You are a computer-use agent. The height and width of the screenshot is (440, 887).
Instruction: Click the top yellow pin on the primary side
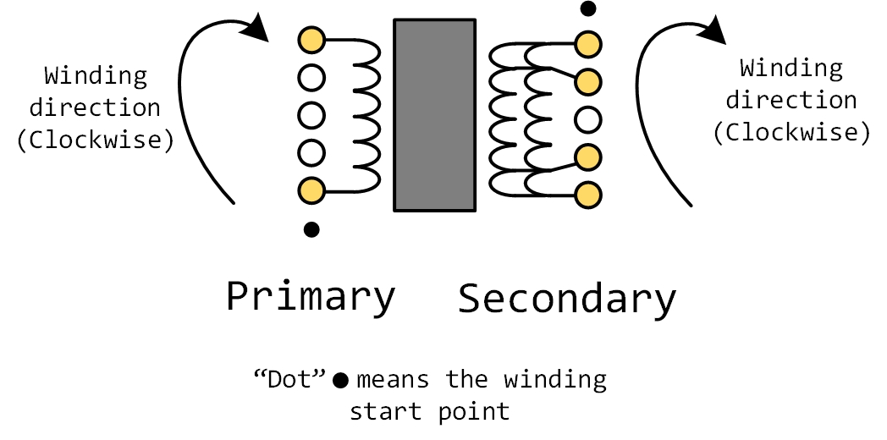tap(311, 40)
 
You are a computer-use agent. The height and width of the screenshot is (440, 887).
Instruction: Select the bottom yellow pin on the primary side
tap(311, 190)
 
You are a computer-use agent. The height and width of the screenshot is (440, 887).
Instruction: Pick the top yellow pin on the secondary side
tap(587, 43)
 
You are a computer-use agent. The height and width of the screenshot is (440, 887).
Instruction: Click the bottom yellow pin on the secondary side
tap(587, 194)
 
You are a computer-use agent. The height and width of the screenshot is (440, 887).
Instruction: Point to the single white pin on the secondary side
tap(587, 118)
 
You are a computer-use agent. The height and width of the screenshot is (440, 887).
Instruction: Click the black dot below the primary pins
tap(311, 228)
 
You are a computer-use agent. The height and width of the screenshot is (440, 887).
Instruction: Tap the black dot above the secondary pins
tap(587, 9)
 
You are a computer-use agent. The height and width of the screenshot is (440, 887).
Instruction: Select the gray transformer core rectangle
tap(434, 115)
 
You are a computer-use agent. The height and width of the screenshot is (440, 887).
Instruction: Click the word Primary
tap(311, 297)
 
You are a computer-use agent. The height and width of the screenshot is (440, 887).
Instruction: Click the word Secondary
tap(567, 300)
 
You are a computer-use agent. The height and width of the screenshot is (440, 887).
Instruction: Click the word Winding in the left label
tap(96, 77)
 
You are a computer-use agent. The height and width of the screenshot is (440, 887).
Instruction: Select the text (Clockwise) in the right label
tap(791, 133)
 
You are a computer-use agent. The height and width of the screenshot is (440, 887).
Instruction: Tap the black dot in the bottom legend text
tap(340, 381)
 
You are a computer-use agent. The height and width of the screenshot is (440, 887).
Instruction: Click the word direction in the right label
tap(791, 101)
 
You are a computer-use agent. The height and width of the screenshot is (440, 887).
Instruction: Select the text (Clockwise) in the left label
tap(96, 140)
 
